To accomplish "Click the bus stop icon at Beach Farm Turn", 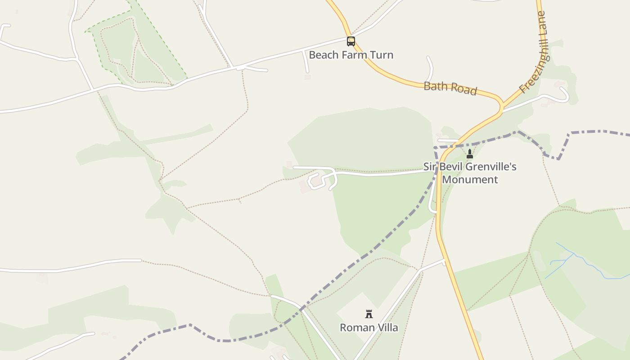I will [x=351, y=41].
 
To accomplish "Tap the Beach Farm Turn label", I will [x=351, y=55].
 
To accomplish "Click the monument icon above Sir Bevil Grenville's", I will [x=470, y=154].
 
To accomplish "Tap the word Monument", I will [x=470, y=180].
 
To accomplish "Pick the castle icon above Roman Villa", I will [x=369, y=314].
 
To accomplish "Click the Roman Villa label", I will [x=369, y=328].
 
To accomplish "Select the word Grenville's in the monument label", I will [x=490, y=167].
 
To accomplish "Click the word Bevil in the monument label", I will [x=450, y=167].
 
